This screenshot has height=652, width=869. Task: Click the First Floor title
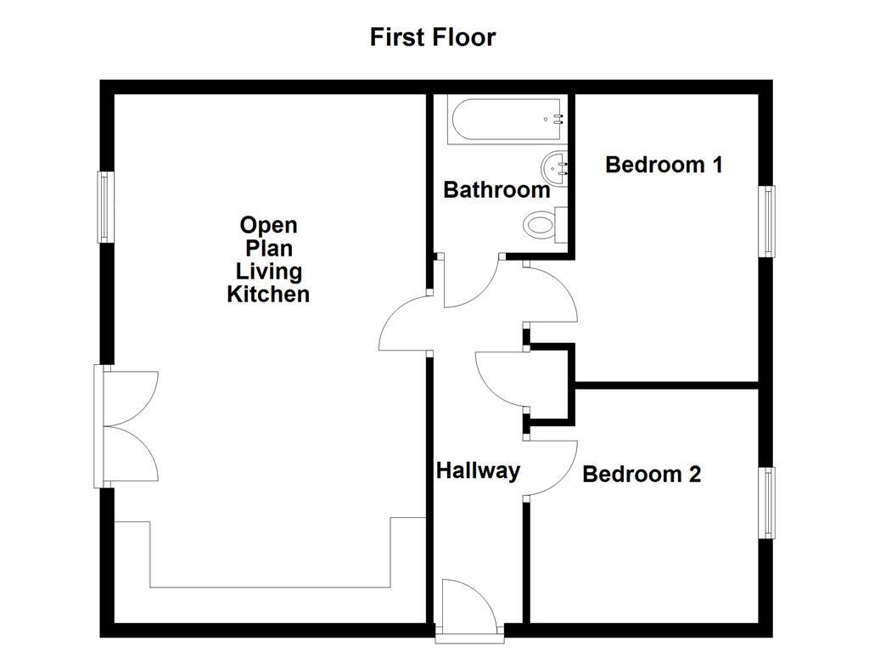(432, 37)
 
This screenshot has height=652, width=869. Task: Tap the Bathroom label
(496, 189)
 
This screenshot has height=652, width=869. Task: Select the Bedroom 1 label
(664, 164)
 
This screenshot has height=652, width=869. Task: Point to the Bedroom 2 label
(642, 474)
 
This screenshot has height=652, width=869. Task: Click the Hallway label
(478, 470)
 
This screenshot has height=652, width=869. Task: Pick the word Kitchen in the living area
(268, 295)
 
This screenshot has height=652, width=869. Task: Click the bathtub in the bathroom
(505, 121)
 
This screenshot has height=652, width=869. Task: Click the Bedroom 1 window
(767, 221)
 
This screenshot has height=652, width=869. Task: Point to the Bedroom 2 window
(767, 503)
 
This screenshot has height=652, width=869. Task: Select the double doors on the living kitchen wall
(127, 426)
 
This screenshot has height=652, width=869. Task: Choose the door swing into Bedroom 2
(551, 467)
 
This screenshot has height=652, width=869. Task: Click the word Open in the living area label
(268, 226)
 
